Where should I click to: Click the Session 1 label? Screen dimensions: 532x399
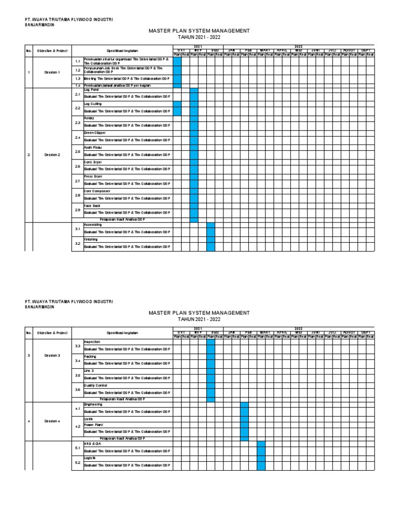click(x=51, y=72)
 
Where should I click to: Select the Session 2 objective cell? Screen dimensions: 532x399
click(x=51, y=155)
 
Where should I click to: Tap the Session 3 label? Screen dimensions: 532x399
click(x=51, y=356)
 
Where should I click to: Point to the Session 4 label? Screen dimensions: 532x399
click(x=51, y=421)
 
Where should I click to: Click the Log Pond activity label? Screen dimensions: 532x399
click(x=91, y=90)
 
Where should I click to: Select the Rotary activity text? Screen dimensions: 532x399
click(x=90, y=118)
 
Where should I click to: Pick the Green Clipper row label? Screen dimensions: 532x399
click(x=95, y=133)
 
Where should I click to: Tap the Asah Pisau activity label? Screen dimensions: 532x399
click(x=92, y=148)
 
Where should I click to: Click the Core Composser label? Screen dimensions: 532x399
click(x=97, y=191)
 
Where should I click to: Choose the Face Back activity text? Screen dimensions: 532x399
click(x=92, y=206)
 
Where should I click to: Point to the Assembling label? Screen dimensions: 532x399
click(x=94, y=225)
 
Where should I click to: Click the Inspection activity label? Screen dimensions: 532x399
click(x=93, y=342)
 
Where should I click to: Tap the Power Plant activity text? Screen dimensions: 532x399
click(x=94, y=424)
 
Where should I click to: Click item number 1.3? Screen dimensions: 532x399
click(x=77, y=78)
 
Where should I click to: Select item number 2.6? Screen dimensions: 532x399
click(x=77, y=166)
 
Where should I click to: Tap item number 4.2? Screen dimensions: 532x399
click(x=77, y=426)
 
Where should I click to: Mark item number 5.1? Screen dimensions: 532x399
click(x=77, y=448)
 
